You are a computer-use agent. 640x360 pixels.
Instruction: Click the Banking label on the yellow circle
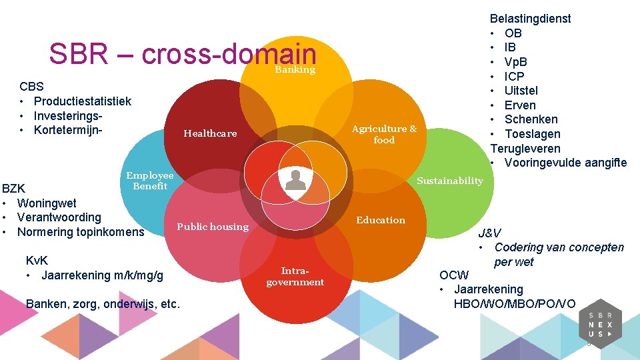tap(295, 70)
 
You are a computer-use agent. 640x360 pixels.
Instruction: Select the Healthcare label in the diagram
tap(210, 133)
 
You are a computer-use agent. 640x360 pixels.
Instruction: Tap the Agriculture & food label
tap(384, 134)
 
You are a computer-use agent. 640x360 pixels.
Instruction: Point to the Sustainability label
tap(450, 181)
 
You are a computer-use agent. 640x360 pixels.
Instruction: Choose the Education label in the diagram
tap(381, 220)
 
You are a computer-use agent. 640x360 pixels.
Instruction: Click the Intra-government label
tap(295, 277)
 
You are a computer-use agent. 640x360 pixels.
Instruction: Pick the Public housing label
tap(213, 227)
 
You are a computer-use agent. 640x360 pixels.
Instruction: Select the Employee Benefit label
tap(150, 181)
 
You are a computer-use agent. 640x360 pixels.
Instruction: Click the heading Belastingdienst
tap(530, 19)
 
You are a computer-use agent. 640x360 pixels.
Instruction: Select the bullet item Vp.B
tap(516, 62)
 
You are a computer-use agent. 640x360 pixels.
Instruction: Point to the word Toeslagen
tap(533, 134)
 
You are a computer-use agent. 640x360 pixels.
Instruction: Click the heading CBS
tap(32, 87)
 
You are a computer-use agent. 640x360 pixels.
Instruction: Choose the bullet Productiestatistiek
tap(82, 101)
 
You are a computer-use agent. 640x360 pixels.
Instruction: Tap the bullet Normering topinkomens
tap(80, 232)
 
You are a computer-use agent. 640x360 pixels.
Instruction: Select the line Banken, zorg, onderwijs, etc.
tap(103, 304)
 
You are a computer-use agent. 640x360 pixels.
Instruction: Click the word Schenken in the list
tap(531, 119)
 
